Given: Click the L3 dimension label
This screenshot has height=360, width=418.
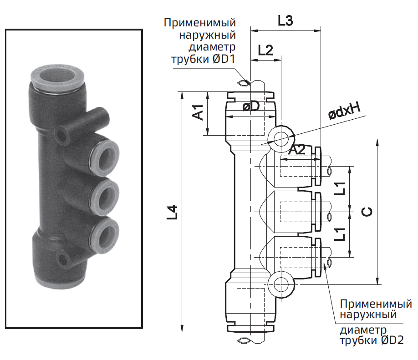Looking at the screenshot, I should pyautogui.click(x=285, y=21).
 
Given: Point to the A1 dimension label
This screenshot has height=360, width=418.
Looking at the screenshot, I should pyautogui.click(x=198, y=112).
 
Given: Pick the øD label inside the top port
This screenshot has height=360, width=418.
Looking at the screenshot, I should pyautogui.click(x=251, y=106).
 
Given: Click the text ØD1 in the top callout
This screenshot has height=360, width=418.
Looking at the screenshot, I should pyautogui.click(x=221, y=60).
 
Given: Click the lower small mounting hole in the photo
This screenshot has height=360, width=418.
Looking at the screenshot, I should pyautogui.click(x=62, y=261).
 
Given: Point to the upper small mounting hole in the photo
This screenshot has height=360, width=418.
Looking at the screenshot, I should pyautogui.click(x=60, y=135).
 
